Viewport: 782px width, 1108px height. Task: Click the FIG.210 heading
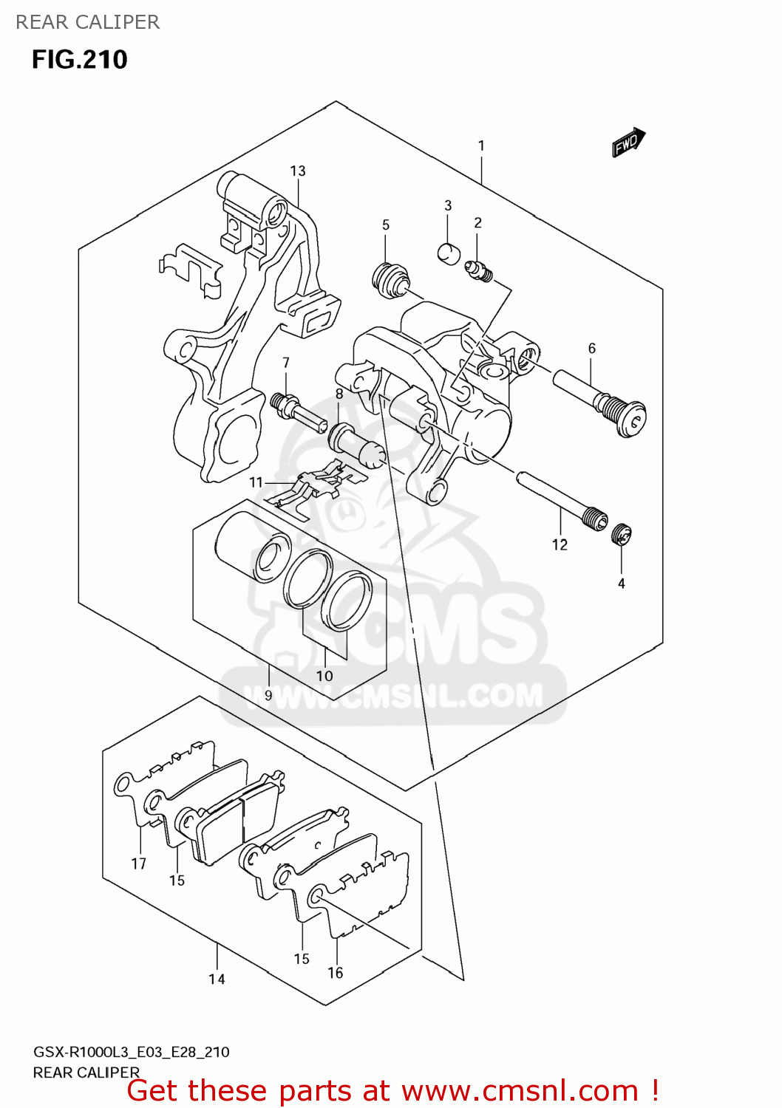[x=80, y=59]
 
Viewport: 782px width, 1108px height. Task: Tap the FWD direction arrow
[x=628, y=142]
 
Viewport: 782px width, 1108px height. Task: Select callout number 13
[x=297, y=171]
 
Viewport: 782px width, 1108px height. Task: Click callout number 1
[x=481, y=146]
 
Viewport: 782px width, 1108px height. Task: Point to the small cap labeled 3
[x=448, y=253]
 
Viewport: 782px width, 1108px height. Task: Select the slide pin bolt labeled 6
[x=600, y=403]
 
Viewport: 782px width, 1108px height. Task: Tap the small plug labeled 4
[x=622, y=534]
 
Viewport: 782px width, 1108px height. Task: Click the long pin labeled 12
[x=561, y=502]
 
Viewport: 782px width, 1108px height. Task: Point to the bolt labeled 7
[x=297, y=410]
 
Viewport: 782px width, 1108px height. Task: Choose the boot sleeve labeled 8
[x=357, y=447]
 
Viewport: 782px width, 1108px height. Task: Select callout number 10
[x=324, y=675]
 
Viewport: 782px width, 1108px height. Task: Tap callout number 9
[x=268, y=695]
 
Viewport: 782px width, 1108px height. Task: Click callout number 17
[x=139, y=864]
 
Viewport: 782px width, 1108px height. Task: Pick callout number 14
[x=217, y=979]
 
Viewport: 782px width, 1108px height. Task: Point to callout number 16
[x=336, y=973]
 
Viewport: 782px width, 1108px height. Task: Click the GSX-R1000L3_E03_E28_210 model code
[x=132, y=1052]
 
